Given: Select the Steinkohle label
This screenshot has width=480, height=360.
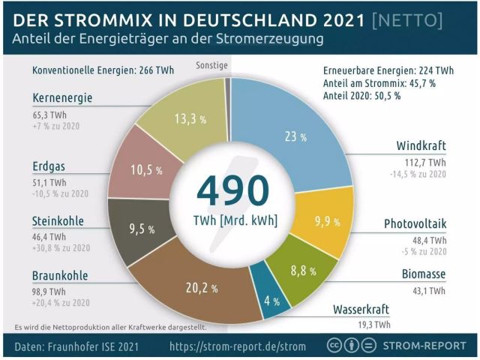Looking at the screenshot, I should click(58, 221).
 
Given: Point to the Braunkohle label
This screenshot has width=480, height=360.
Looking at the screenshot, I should click(60, 275).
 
